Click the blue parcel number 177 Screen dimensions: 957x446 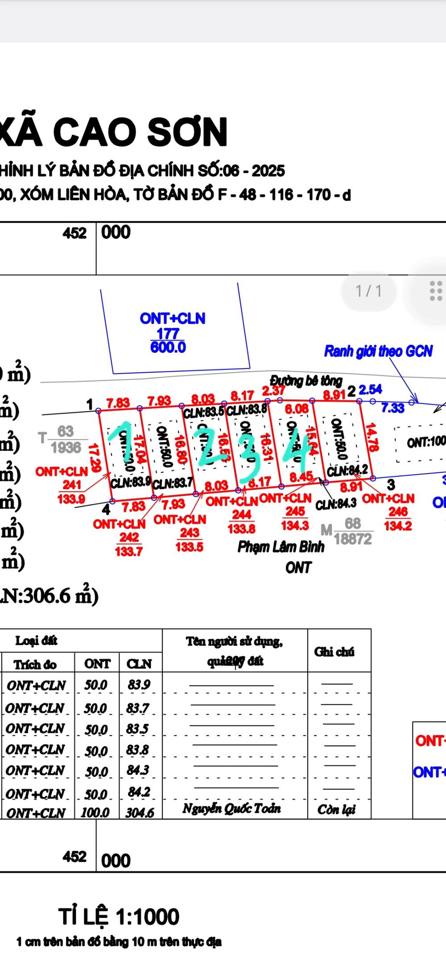point(168,333)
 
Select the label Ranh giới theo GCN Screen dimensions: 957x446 point(378,351)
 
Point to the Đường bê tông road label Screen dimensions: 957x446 point(306,380)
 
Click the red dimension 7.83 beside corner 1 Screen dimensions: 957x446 point(118,403)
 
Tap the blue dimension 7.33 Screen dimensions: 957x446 point(392,408)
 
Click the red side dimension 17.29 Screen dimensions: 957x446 point(94,457)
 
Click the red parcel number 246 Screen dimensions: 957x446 point(398,512)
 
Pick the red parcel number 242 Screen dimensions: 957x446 point(129,537)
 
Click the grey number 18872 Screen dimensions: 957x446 point(353,539)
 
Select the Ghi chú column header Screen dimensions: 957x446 point(334,652)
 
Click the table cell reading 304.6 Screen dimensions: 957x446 point(140,812)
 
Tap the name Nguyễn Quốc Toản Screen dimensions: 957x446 point(231,808)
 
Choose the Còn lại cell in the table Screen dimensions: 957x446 point(336,809)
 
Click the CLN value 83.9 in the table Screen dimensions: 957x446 point(139,684)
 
